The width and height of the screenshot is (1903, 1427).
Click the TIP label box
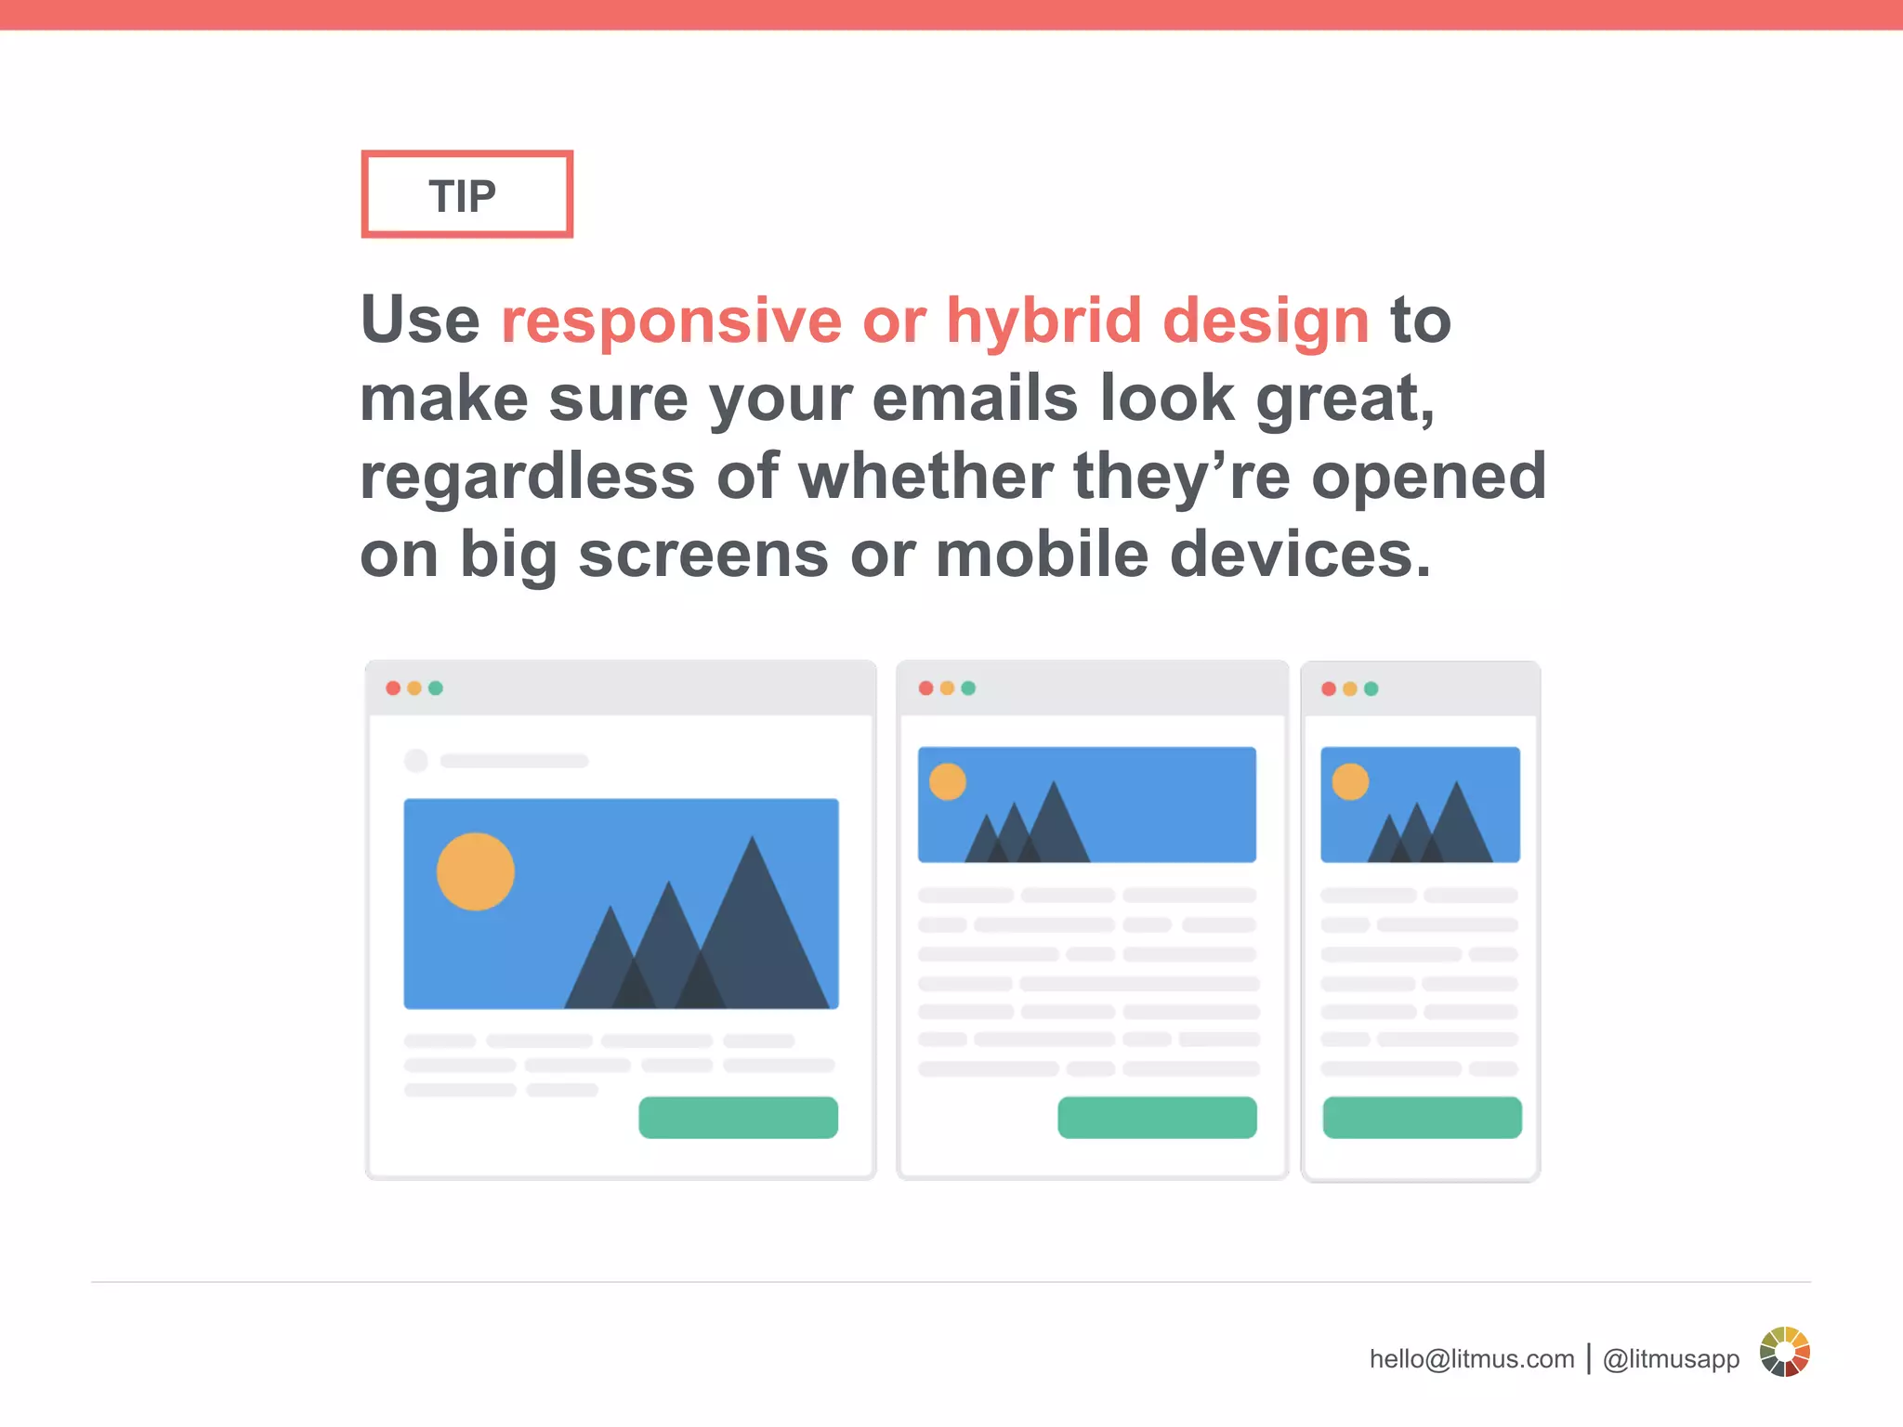tap(466, 194)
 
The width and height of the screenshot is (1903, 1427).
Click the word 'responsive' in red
tap(671, 321)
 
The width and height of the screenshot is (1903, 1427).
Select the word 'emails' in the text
tap(975, 399)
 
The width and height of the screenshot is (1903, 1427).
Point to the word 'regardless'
tap(527, 477)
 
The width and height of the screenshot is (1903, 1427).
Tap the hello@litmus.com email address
tap(1471, 1359)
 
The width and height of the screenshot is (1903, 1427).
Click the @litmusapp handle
tap(1671, 1359)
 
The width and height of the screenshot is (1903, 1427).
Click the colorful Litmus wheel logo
tap(1784, 1352)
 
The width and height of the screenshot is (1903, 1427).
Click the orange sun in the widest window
tap(476, 871)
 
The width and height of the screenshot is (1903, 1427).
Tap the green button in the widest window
tap(738, 1118)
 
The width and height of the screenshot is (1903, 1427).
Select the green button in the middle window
tap(1157, 1118)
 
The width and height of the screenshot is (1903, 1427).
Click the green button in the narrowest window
tap(1422, 1118)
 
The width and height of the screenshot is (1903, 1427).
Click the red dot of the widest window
tap(393, 688)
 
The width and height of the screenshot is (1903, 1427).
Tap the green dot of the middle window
tap(968, 688)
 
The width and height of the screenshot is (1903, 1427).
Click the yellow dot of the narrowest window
tap(1350, 689)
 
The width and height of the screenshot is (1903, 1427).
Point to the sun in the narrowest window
tap(1350, 782)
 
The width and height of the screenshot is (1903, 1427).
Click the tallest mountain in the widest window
tap(755, 938)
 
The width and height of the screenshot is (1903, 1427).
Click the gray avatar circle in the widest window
tap(416, 761)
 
